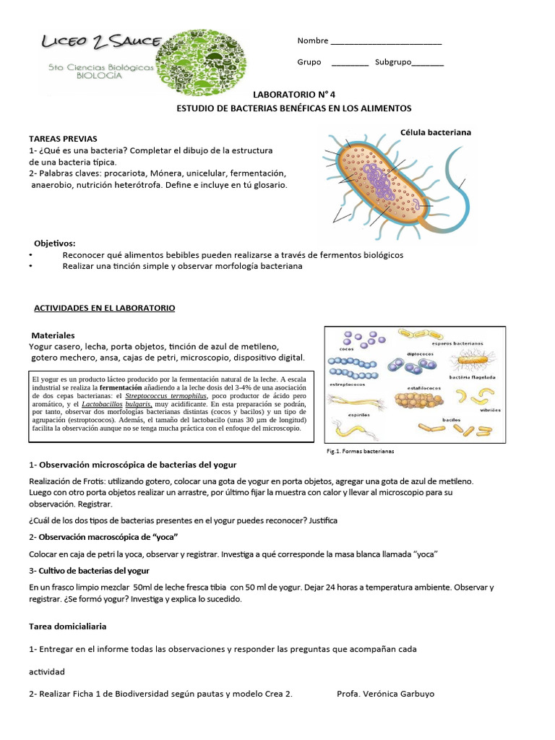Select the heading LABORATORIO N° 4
293,94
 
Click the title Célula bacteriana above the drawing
436,132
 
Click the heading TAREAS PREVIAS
63,138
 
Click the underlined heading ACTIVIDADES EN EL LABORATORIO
105,308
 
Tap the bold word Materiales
53,335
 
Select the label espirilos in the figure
340,415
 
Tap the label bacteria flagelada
471,377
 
